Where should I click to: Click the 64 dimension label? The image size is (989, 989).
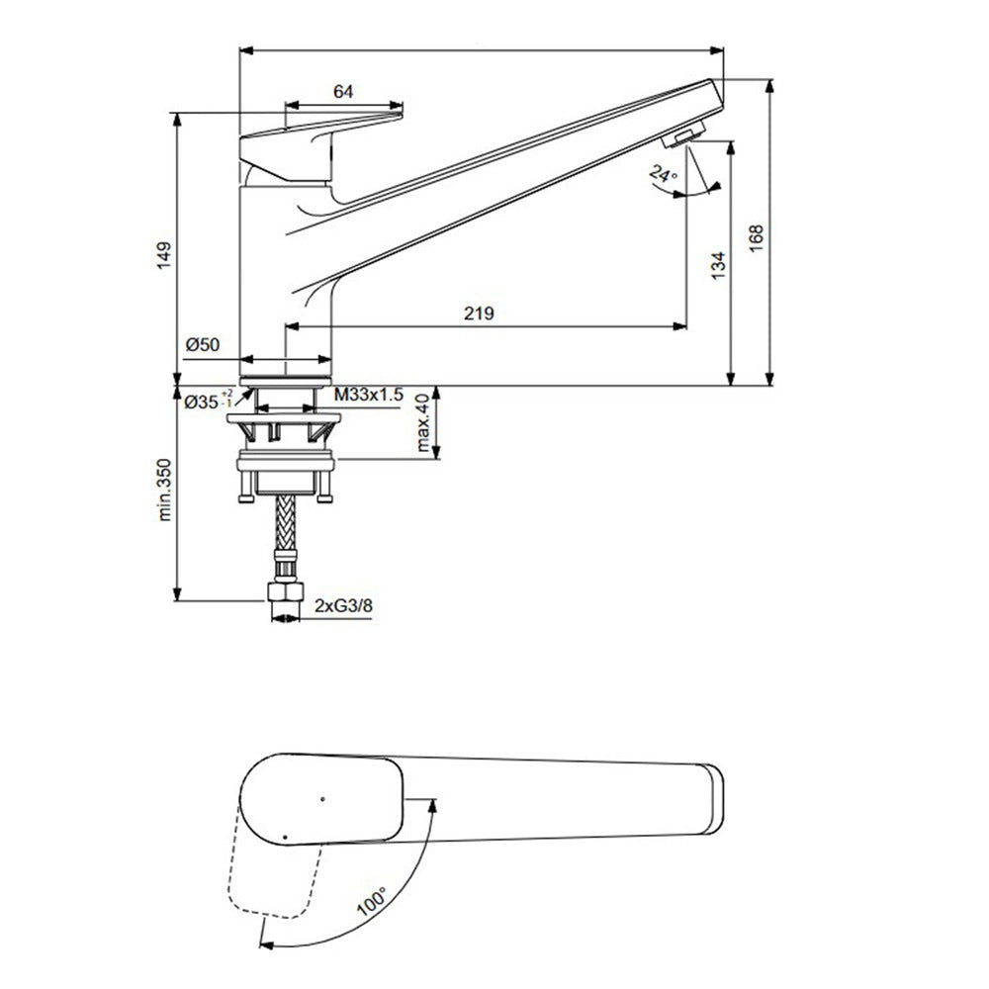click(x=343, y=91)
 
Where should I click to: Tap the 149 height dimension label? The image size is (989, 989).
click(x=164, y=255)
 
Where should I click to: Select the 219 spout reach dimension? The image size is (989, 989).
click(x=480, y=313)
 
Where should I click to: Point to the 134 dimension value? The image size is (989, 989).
click(x=718, y=265)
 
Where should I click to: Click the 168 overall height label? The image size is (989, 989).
click(x=757, y=238)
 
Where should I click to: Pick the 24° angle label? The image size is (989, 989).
click(x=663, y=173)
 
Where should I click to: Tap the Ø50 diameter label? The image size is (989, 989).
click(x=203, y=344)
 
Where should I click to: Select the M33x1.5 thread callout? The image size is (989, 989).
click(x=368, y=396)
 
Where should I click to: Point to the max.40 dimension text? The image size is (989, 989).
click(x=423, y=422)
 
